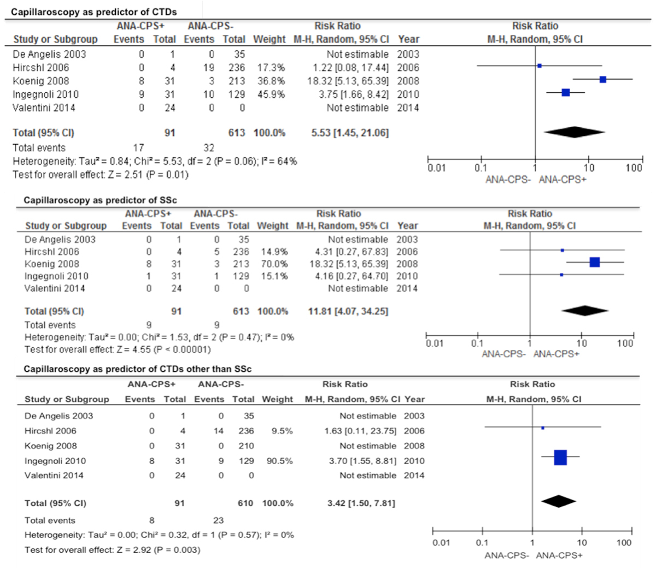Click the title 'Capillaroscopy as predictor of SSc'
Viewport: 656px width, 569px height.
point(100,200)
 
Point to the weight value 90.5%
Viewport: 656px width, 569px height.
point(279,461)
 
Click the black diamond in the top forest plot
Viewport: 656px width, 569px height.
point(574,132)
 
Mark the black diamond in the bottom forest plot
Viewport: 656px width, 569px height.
point(558,501)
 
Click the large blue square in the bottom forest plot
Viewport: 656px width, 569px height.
point(560,457)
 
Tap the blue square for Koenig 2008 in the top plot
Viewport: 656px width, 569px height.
point(602,80)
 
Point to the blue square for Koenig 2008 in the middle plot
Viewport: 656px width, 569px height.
point(595,263)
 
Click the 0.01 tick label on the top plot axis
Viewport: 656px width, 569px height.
point(436,168)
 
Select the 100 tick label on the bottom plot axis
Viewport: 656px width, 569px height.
point(624,543)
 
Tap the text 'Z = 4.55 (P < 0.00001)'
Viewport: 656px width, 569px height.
point(163,349)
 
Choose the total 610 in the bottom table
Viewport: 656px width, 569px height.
point(245,503)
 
